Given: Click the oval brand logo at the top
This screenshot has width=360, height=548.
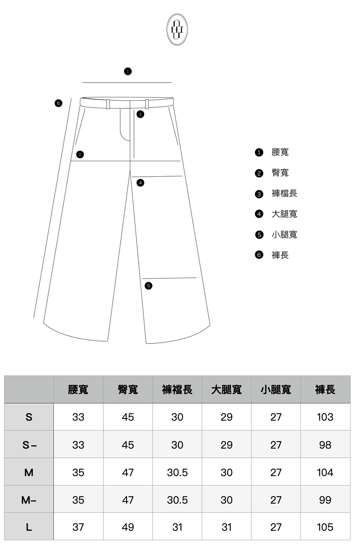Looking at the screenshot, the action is coord(177,29).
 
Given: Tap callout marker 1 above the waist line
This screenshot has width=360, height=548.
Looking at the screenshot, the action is coord(128,71).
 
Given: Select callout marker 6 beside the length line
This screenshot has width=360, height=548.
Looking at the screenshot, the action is coord(58,103).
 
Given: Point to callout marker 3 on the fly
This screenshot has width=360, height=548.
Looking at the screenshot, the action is coord(141,114).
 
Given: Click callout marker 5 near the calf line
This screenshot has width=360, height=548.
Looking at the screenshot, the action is coord(148,286).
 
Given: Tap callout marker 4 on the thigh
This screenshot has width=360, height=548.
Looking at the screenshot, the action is coord(141,183).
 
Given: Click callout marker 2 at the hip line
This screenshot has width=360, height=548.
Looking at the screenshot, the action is coord(80,154).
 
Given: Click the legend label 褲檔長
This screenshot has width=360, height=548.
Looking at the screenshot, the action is coord(284,193).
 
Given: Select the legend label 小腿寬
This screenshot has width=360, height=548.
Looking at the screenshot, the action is coord(284,235).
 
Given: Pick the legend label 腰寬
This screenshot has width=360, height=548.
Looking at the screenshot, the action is coord(280,152).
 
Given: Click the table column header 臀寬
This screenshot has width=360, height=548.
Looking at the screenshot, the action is coord(128,389).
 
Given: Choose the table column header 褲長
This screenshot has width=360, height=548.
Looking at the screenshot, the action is coord(325,389).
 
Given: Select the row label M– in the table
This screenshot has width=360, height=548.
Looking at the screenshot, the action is coord(29,500).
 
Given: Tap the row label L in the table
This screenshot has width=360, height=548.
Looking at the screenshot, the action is coord(29,527).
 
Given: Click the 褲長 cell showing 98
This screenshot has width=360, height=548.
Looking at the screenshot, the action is coord(325,445).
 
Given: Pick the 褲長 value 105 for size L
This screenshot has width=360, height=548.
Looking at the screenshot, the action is coord(325,527).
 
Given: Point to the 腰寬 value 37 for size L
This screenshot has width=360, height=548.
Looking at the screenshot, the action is coord(78,527).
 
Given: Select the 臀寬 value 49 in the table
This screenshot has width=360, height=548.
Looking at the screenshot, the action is coord(128,527).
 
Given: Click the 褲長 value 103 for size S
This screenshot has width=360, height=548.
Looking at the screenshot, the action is coord(325,417).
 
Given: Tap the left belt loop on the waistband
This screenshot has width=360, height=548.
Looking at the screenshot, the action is coord(108,104).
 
